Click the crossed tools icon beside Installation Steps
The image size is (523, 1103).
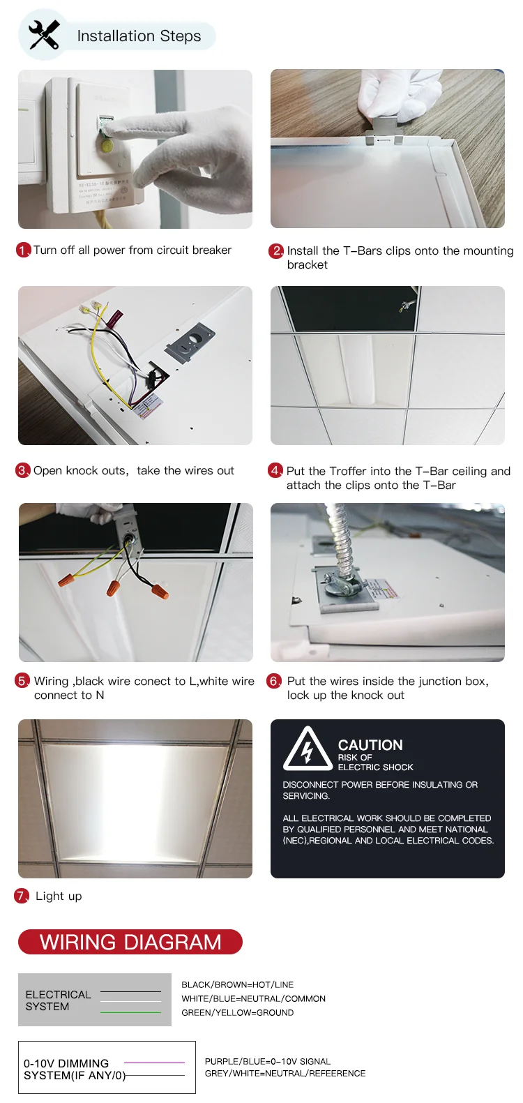pos(44,34)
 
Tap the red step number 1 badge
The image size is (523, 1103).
pos(22,250)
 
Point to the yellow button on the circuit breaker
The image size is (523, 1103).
pos(106,145)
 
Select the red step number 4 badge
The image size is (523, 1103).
pos(275,471)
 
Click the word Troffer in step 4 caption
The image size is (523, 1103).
pos(348,471)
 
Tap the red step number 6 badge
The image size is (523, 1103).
pos(273,682)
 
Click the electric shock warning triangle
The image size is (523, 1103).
pos(308,749)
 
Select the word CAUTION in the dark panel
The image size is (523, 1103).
pos(370,745)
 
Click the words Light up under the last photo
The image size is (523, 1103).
pos(59,896)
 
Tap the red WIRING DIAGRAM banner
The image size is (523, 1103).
pos(130,942)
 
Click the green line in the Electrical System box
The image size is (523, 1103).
pos(131,1012)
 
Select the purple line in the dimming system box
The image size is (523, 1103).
pos(155,1063)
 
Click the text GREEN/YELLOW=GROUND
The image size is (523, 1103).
pos(238,1012)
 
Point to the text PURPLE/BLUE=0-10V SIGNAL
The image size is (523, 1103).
pos(268,1061)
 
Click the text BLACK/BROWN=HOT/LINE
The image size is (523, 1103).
pos(238,985)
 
